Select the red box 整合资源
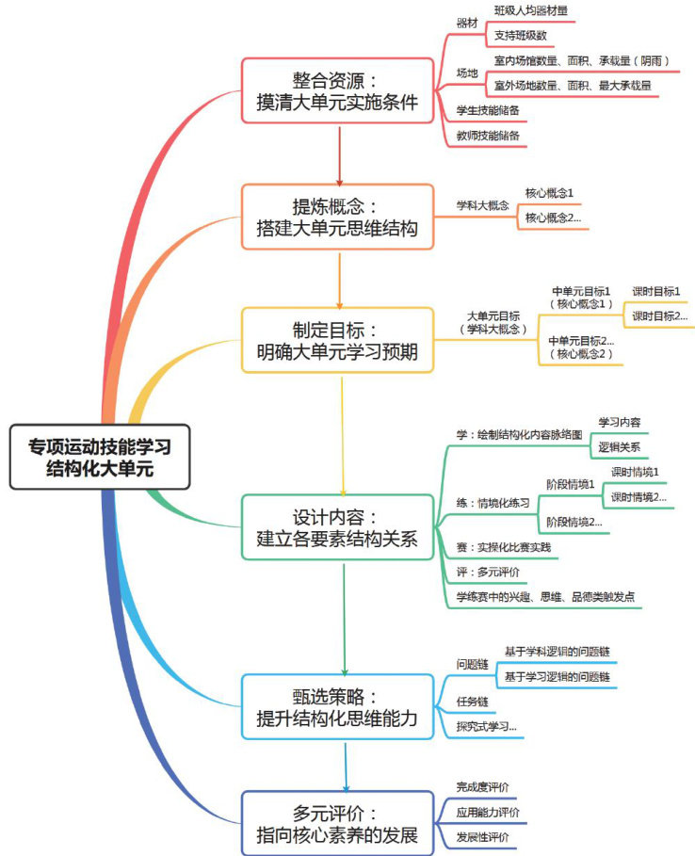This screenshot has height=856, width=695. [337, 89]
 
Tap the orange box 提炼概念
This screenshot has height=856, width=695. [337, 216]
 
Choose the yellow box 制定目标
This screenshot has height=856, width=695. [337, 341]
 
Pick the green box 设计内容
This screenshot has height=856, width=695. [337, 528]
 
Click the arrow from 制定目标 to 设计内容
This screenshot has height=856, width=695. [341, 433]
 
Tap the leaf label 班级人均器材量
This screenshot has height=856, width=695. [530, 11]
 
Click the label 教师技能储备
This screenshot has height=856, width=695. [487, 136]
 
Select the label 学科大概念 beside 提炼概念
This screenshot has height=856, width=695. [482, 204]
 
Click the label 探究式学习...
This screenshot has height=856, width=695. [486, 725]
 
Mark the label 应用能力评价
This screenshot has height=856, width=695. [488, 812]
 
